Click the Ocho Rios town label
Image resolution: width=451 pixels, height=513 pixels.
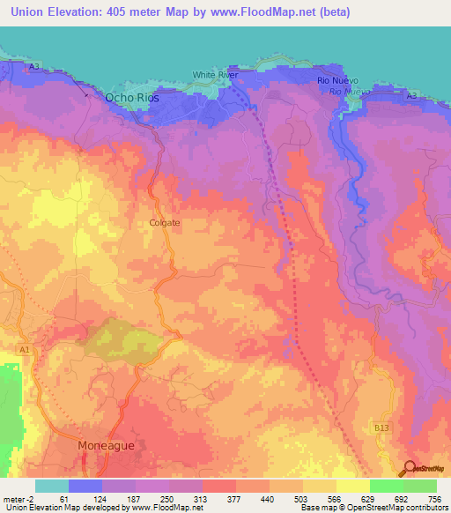pyautogui.click(x=130, y=98)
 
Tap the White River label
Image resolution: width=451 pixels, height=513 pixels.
pyautogui.click(x=216, y=76)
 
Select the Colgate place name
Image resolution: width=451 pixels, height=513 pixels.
pyautogui.click(x=164, y=223)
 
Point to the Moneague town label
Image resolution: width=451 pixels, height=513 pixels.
pyautogui.click(x=107, y=446)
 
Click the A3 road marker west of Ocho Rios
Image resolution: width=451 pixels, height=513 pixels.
pyautogui.click(x=34, y=67)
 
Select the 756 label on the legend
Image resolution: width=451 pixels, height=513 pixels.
pyautogui.click(x=433, y=498)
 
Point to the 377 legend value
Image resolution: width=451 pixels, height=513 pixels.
pyautogui.click(x=233, y=498)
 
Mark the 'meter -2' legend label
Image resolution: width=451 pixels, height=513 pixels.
pyautogui.click(x=18, y=498)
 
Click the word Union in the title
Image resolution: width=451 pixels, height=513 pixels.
pyautogui.click(x=27, y=12)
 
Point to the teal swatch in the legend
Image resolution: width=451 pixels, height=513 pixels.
pyautogui.click(x=52, y=486)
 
